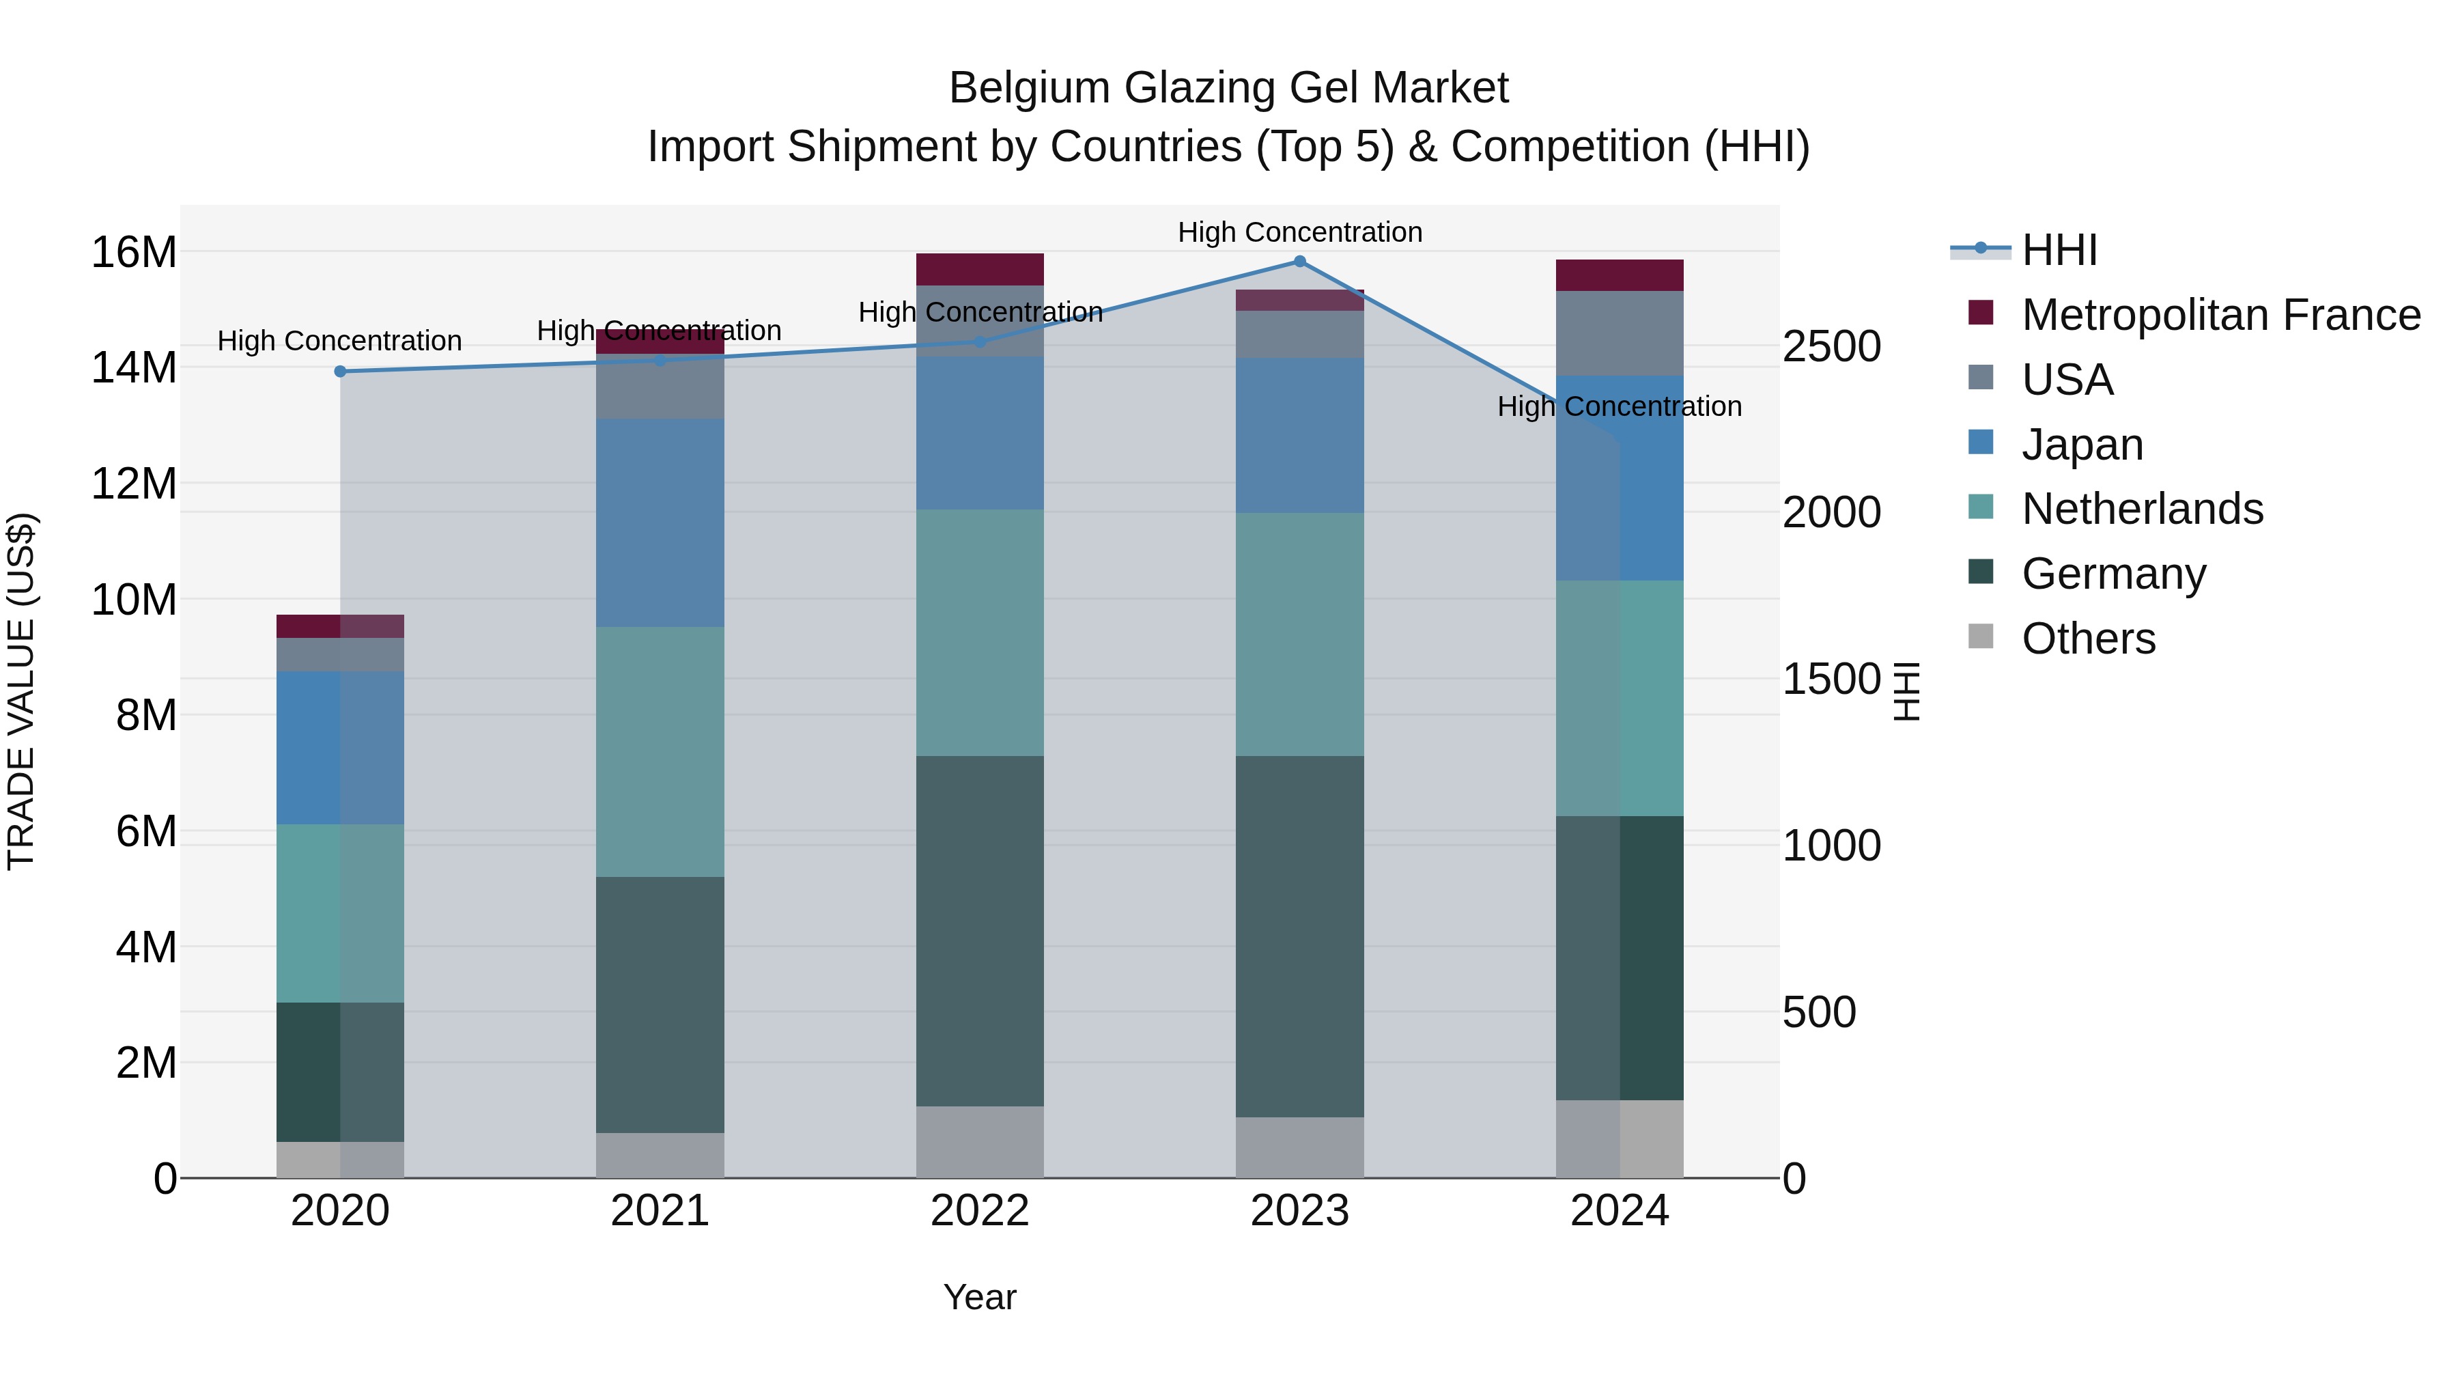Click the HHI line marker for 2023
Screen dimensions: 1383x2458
point(1299,262)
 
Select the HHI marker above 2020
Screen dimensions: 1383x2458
point(341,372)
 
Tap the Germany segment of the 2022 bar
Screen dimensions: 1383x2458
point(980,931)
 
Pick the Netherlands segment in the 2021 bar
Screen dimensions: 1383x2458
point(660,751)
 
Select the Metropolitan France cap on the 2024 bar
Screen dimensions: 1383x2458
point(1620,275)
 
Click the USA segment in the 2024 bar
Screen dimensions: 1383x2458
point(1620,333)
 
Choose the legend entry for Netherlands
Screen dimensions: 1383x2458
point(2141,509)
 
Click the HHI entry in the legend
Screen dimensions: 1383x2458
point(2059,250)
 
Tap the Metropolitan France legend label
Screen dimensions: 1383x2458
point(2220,315)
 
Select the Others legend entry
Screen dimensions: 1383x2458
point(2088,639)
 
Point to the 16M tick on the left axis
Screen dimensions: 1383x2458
point(134,253)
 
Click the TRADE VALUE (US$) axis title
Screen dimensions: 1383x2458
point(21,691)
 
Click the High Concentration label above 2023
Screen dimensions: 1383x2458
point(1299,232)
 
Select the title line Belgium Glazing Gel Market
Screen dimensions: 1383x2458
point(1228,88)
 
